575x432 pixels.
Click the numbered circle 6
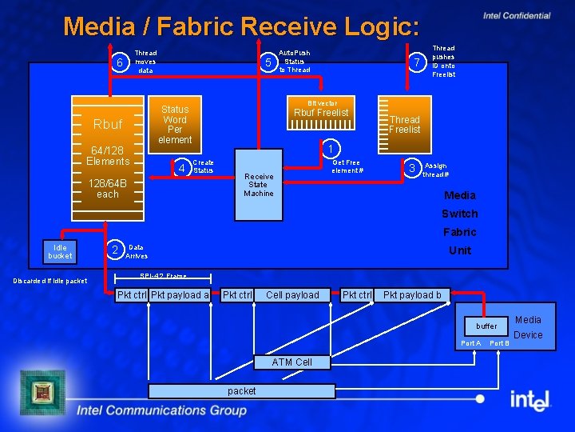tap(119, 63)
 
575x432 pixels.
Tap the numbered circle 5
tap(269, 62)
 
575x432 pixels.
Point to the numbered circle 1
tap(330, 148)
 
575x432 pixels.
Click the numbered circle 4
tap(182, 167)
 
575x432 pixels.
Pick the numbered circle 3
tap(411, 167)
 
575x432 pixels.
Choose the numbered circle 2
tap(115, 250)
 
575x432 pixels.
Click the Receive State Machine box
tap(259, 184)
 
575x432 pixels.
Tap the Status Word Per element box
tap(175, 124)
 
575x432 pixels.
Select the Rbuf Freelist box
tap(321, 113)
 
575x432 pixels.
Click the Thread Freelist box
tap(404, 125)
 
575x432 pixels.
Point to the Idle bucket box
tap(60, 251)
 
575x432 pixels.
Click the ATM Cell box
tap(291, 362)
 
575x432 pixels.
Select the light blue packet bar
tap(242, 390)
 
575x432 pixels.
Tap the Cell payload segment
tap(292, 295)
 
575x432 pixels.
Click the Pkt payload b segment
tap(412, 295)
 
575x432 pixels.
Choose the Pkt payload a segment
tap(180, 295)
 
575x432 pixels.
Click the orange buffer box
tap(486, 326)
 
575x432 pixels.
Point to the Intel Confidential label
tap(517, 15)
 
